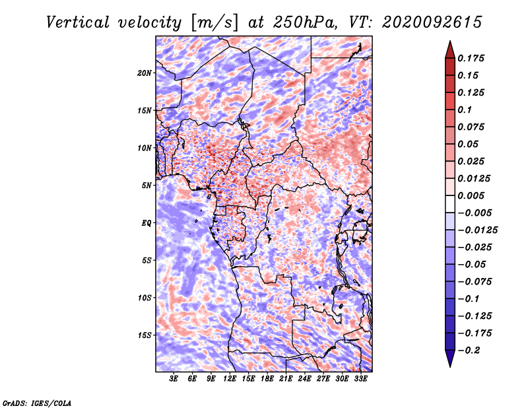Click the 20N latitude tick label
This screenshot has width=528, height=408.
point(145,73)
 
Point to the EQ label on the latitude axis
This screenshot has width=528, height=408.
point(147,222)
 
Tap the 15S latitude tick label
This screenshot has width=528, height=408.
point(145,335)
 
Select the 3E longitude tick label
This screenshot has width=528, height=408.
point(174,378)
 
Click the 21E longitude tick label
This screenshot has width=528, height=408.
point(286,378)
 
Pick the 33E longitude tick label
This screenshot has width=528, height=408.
point(360,378)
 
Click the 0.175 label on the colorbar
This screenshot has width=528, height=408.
point(471,58)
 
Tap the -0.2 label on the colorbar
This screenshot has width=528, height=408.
point(469,351)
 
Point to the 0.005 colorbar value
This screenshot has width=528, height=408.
point(471,195)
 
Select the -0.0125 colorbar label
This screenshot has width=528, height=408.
point(477,230)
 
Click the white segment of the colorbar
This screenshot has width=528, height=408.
point(450,204)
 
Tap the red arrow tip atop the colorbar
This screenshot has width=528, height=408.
point(450,42)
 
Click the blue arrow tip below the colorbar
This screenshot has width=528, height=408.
point(450,366)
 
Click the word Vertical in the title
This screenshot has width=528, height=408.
point(77,22)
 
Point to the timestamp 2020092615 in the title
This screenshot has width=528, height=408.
point(432,22)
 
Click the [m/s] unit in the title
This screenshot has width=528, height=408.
point(214,22)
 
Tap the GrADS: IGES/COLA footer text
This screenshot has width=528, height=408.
point(37,403)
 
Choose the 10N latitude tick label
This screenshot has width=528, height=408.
point(145,148)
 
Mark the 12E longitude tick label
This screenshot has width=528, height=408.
point(229,378)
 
